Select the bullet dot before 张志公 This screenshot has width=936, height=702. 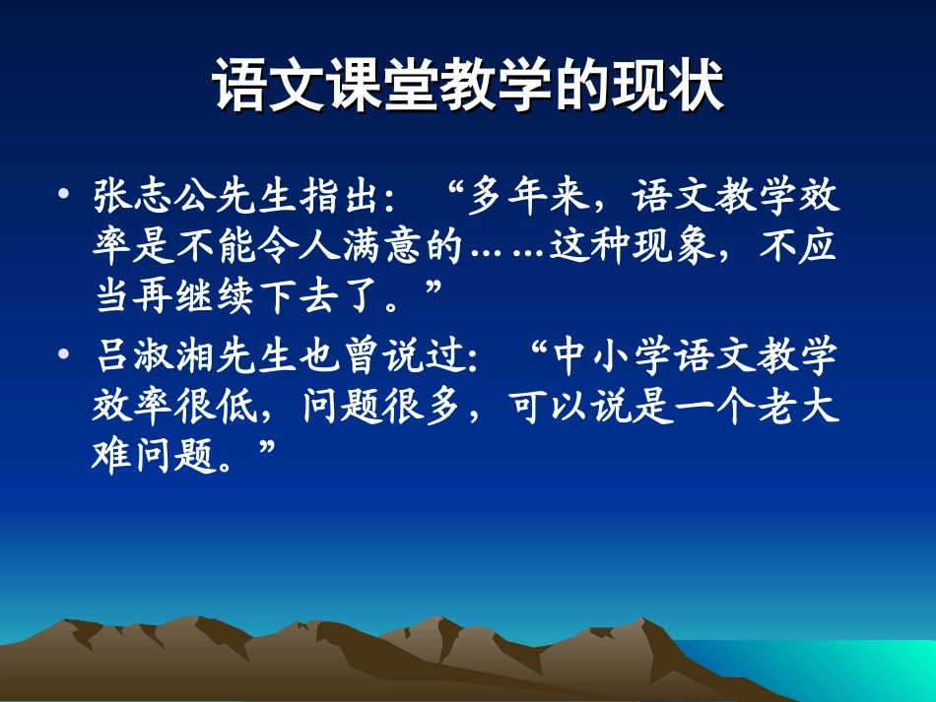pos(64,195)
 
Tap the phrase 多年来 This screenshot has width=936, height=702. pos(528,197)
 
